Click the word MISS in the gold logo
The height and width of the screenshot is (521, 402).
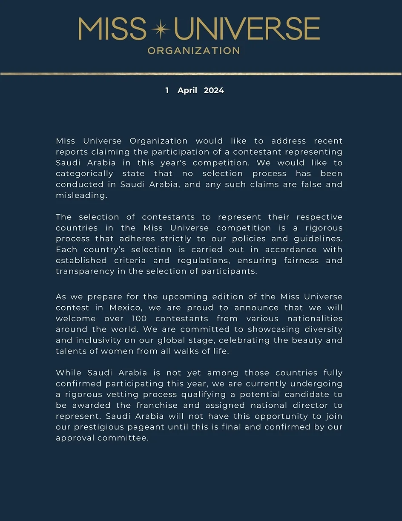click(x=112, y=29)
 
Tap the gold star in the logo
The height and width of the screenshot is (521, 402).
click(x=161, y=29)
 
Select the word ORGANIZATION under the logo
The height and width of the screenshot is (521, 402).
click(x=194, y=51)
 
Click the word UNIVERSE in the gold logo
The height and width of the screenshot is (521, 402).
click(x=247, y=29)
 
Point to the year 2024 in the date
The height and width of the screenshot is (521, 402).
click(x=214, y=90)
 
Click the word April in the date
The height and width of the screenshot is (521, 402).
click(x=187, y=90)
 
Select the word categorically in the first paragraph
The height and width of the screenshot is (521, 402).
click(x=84, y=173)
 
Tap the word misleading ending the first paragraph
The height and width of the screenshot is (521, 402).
click(x=80, y=195)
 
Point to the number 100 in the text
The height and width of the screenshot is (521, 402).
click(x=141, y=319)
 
